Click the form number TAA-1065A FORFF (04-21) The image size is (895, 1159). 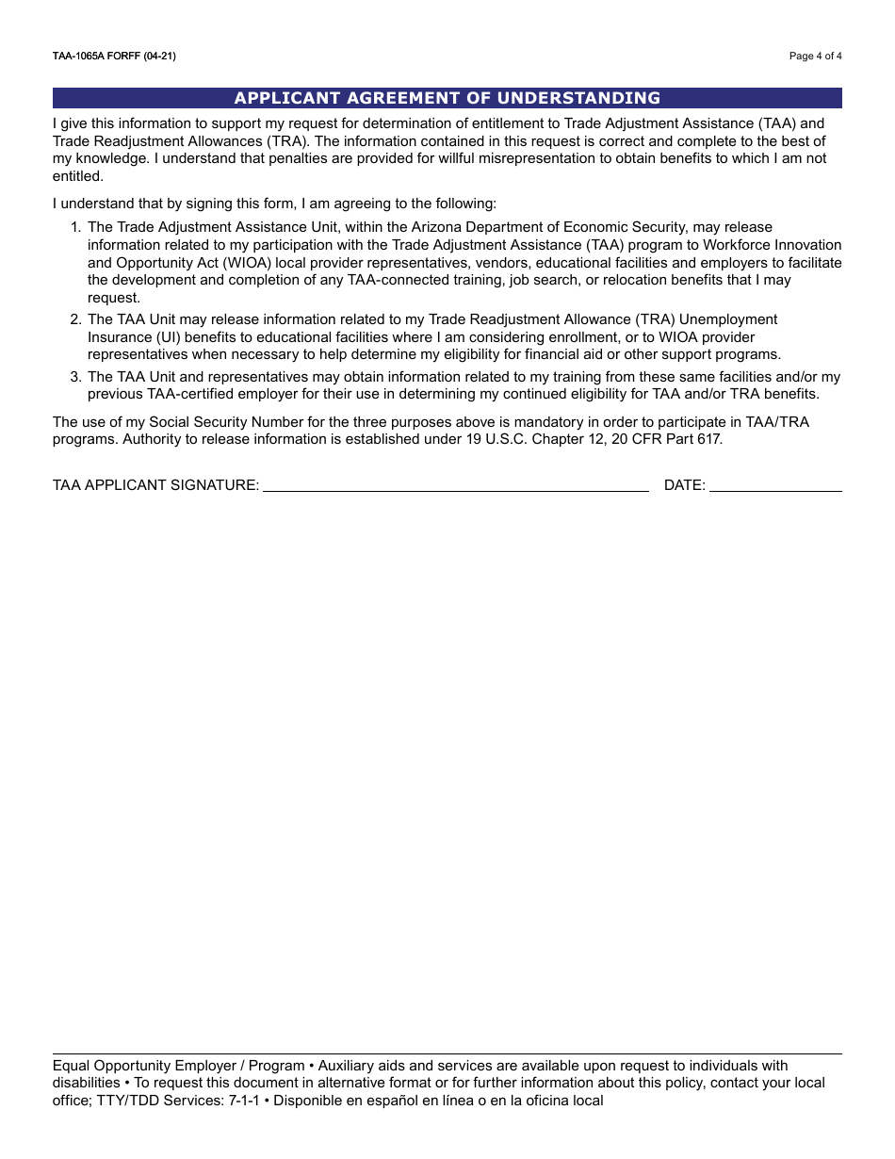[114, 57]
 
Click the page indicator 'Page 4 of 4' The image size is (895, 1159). [815, 57]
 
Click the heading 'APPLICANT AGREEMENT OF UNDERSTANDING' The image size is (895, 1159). [447, 98]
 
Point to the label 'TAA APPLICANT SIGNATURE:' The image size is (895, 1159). [155, 485]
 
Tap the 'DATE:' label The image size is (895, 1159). [684, 485]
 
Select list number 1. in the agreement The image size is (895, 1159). [76, 227]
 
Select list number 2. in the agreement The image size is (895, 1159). [76, 319]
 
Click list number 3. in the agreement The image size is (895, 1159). [76, 377]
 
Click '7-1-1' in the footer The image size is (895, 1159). [243, 1101]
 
